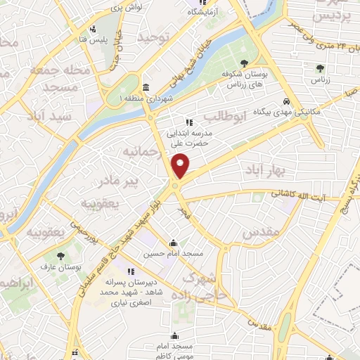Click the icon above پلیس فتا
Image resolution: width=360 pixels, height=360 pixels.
(93, 30)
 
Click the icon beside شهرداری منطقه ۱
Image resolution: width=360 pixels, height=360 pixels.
(146, 88)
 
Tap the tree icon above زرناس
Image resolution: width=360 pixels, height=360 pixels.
(320, 69)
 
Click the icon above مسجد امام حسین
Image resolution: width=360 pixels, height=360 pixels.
(174, 243)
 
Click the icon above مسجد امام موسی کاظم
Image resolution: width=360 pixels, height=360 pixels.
(174, 336)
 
